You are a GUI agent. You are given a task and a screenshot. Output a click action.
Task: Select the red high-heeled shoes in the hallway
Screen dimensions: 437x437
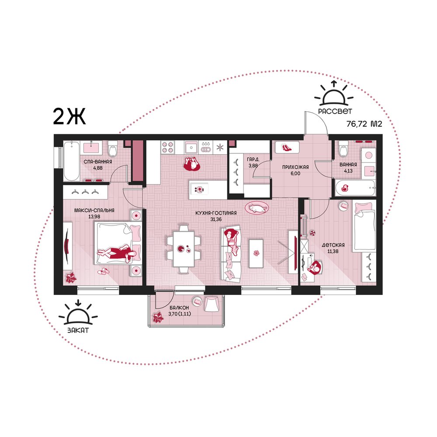coord(287,147)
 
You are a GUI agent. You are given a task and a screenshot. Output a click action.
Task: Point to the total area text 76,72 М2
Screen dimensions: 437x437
coord(364,124)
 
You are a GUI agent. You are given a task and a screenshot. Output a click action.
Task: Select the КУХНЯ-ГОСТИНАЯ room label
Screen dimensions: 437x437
coord(216,213)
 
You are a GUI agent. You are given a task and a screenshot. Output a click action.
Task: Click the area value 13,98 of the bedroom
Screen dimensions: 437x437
coord(94,217)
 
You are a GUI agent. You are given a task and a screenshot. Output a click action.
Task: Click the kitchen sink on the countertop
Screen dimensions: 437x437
coord(191,147)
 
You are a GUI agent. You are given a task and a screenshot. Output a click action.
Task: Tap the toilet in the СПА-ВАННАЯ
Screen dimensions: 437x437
coord(113,149)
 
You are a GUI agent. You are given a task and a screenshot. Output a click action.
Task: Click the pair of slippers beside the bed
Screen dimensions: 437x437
coord(104,271)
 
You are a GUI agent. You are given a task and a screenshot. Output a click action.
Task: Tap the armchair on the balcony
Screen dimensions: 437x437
coord(212,304)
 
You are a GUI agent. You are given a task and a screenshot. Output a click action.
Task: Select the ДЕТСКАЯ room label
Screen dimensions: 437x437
coord(333,245)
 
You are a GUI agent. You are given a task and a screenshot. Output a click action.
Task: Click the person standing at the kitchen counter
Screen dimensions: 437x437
coord(192,164)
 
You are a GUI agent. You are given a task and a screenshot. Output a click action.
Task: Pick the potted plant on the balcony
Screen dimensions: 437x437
coord(158,318)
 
